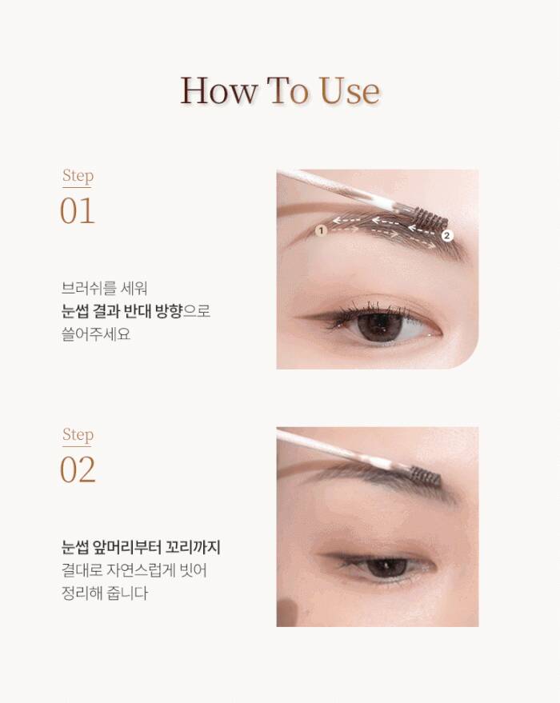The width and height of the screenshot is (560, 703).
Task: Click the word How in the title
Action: (x=218, y=90)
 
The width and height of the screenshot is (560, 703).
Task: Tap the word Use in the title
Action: (x=350, y=90)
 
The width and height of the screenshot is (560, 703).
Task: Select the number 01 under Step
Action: (x=77, y=210)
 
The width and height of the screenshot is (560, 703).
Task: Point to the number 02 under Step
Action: (x=78, y=469)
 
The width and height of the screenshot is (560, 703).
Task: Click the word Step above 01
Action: (x=78, y=176)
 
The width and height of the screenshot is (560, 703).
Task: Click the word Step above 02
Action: (x=78, y=435)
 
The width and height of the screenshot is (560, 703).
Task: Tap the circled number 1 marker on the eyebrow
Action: (x=321, y=230)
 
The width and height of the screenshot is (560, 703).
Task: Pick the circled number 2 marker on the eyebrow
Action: (x=446, y=235)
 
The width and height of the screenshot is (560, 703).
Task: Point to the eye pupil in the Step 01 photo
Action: (x=379, y=325)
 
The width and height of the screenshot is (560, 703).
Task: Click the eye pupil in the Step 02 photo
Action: (x=386, y=566)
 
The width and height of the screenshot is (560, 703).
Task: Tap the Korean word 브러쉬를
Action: (x=87, y=288)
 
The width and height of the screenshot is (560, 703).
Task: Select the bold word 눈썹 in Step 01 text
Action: (x=74, y=310)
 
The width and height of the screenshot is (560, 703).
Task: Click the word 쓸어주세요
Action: (x=96, y=334)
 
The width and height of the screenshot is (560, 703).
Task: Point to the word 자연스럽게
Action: (x=142, y=570)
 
